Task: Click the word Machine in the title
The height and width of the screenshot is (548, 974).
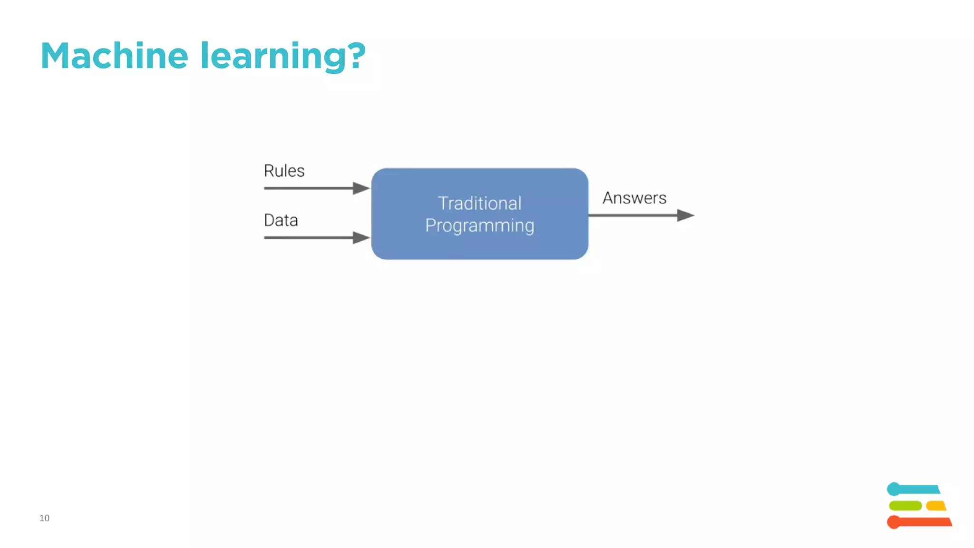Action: (114, 56)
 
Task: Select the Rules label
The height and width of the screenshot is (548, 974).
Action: (284, 171)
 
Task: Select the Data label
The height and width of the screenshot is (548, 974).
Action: (281, 220)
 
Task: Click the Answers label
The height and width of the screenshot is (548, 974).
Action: (634, 198)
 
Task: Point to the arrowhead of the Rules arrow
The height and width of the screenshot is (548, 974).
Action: (361, 188)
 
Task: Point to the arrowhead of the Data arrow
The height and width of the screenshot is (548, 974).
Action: (361, 238)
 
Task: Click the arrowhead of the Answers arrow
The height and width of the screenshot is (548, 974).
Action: (685, 215)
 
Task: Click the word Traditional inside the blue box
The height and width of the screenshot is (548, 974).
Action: (479, 204)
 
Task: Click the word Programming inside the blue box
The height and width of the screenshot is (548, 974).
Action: (479, 225)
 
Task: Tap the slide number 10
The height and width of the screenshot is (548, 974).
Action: (44, 518)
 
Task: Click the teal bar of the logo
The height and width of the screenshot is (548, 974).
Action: (916, 489)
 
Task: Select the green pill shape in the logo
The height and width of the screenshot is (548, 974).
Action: (905, 506)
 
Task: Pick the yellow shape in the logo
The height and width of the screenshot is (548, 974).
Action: (936, 506)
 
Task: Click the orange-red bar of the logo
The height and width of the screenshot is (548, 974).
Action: (920, 522)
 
